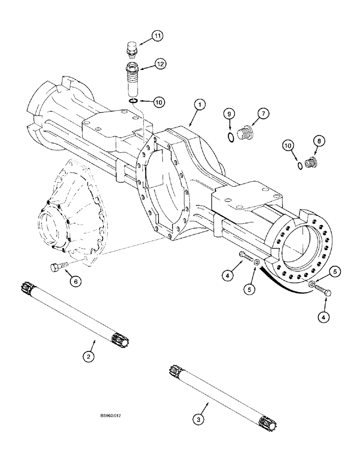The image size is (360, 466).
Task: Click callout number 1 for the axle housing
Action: [x=199, y=106]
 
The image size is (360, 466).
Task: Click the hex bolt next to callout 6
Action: [x=55, y=267]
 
